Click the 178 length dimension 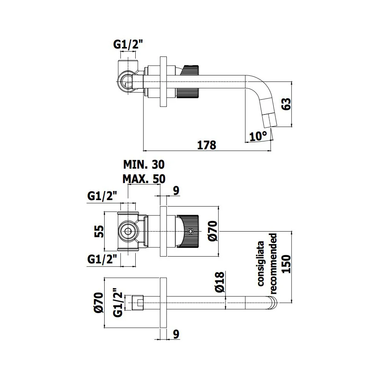tap(207, 145)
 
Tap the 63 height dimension tap(287, 104)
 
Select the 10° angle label tap(258, 136)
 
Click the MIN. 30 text tap(144, 164)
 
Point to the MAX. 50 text tap(144, 179)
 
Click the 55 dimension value tap(99, 231)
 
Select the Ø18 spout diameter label tap(219, 282)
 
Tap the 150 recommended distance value tap(287, 264)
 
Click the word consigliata tap(261, 264)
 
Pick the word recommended tap(273, 264)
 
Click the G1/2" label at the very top tap(128, 44)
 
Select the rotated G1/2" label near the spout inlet tap(118, 302)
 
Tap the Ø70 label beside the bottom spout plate tap(99, 302)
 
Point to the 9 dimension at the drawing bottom tap(176, 334)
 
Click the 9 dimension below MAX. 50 tap(176, 191)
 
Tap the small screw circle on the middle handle tap(191, 232)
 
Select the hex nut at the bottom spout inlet tap(138, 302)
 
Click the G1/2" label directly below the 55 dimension tap(102, 260)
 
